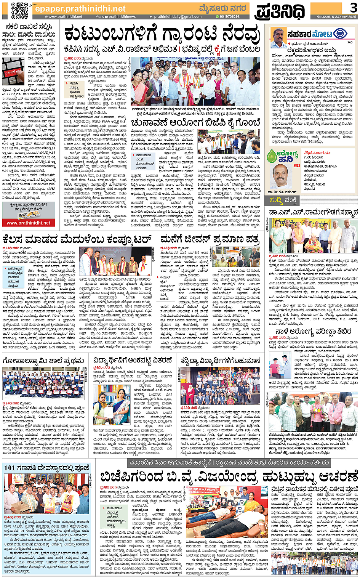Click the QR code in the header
pyautogui.click(x=19, y=10)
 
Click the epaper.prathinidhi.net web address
pyautogui.click(x=80, y=8)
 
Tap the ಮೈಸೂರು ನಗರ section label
pyautogui.click(x=222, y=8)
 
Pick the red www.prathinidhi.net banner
pyautogui.click(x=29, y=223)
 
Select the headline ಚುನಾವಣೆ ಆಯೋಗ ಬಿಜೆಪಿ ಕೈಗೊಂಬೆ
pyautogui.click(x=195, y=123)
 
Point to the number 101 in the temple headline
pyautogui.click(x=10, y=468)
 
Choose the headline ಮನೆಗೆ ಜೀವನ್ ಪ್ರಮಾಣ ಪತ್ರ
pyautogui.click(x=210, y=239)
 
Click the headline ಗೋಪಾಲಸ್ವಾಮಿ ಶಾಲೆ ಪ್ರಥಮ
pyautogui.click(x=43, y=361)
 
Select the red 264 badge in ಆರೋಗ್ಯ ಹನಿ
pyautogui.click(x=297, y=165)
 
